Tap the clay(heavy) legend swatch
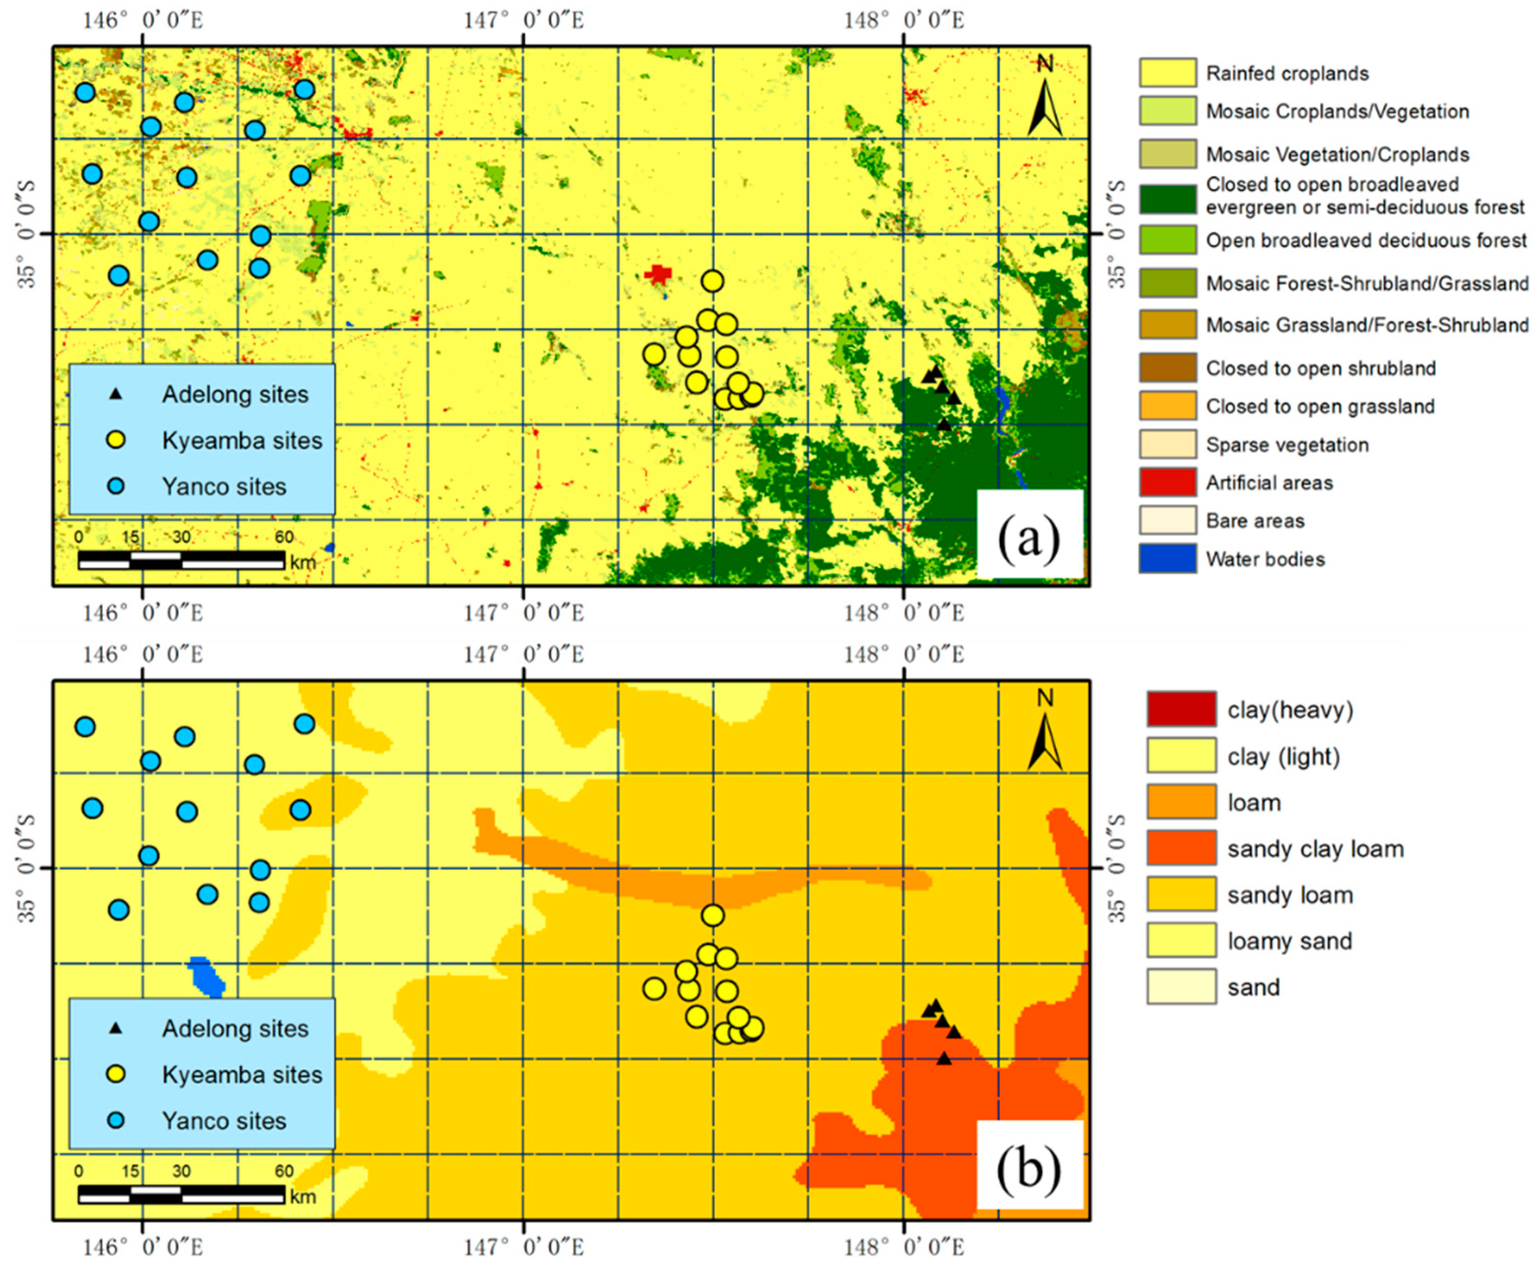coord(1181,709)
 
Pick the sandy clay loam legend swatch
coord(1181,848)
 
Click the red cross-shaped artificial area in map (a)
coord(658,274)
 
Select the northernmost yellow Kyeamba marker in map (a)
coord(712,281)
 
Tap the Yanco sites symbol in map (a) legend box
coord(116,486)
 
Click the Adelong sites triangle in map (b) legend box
coord(116,1028)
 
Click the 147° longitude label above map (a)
coord(524,20)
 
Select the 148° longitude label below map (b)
coord(904,1247)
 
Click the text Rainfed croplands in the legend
coord(1287,73)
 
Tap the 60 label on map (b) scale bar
coord(284,1171)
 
